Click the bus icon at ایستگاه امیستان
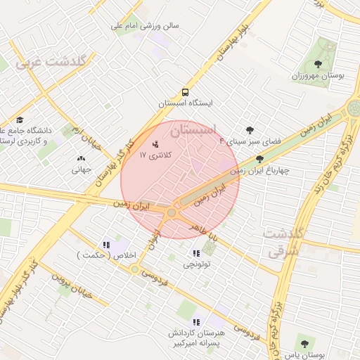185,92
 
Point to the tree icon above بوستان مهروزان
328,65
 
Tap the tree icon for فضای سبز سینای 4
250,129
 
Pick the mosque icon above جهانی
80,159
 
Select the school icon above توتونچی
207,253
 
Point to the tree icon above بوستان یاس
304,344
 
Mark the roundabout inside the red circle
172,212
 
